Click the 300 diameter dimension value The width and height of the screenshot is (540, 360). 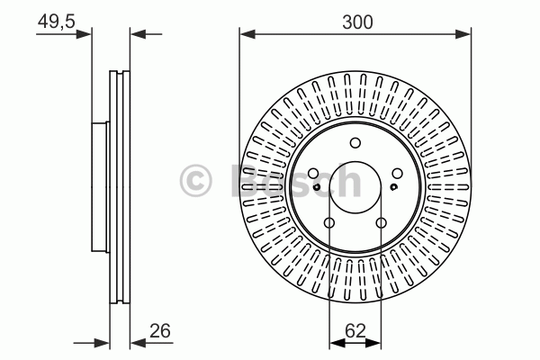click(x=357, y=22)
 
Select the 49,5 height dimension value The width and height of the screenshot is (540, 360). click(x=57, y=22)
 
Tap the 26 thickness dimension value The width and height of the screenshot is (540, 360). click(x=160, y=330)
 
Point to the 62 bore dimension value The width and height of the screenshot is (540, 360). click(x=355, y=330)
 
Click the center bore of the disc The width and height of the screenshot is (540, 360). click(x=355, y=187)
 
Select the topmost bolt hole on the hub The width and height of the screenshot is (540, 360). click(x=355, y=142)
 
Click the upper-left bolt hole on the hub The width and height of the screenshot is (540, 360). click(x=313, y=174)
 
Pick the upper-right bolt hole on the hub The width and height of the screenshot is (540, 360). click(x=398, y=174)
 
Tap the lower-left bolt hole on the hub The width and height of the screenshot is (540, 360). click(x=329, y=223)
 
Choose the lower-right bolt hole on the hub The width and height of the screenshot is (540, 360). click(x=381, y=223)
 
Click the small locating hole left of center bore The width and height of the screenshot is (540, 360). click(x=317, y=187)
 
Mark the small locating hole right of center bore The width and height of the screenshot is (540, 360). click(x=393, y=187)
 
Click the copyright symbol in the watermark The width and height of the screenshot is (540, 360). click(x=195, y=180)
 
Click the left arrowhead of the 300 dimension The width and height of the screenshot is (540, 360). click(x=247, y=34)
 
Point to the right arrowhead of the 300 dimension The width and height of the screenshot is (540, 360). click(x=463, y=34)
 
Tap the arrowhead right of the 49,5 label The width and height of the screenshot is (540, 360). click(x=84, y=34)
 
